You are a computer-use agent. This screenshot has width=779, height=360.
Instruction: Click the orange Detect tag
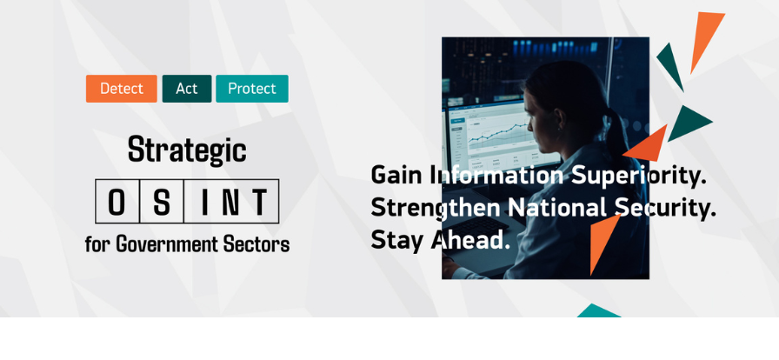(x=121, y=89)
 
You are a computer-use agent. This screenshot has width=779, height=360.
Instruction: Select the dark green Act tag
(x=187, y=89)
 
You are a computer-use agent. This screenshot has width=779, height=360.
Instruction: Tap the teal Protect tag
(x=252, y=89)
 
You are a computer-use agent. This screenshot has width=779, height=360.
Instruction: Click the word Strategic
(x=187, y=150)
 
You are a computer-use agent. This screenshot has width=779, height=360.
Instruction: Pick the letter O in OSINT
(x=117, y=202)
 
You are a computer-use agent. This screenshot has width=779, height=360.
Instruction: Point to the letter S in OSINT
(x=162, y=202)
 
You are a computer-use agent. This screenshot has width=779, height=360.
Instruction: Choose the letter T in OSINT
(x=259, y=202)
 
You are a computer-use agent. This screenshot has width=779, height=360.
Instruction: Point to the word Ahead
(x=469, y=240)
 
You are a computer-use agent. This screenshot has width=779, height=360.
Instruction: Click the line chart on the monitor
(x=496, y=133)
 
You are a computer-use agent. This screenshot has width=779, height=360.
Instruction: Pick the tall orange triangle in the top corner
(x=704, y=38)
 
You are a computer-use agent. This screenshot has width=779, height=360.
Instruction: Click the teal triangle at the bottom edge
(x=598, y=311)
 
